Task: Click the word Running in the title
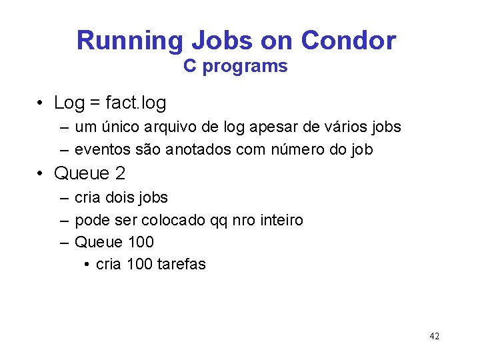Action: pos(129,41)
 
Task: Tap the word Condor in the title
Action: pos(348,41)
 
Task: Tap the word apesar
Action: pos(275,127)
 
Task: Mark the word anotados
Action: pos(197,150)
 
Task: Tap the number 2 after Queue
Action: pos(120,174)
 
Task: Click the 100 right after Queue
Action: pos(140,242)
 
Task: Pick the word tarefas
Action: pos(181,264)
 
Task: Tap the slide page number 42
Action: pos(434,336)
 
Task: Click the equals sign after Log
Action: pos(95,104)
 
